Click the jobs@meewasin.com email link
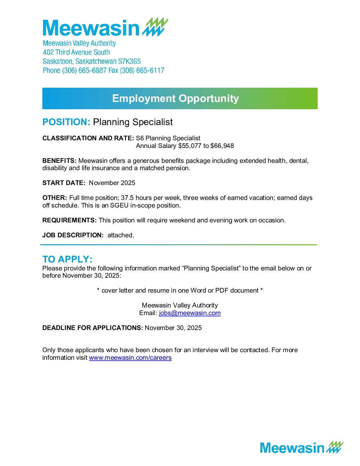pos(190,313)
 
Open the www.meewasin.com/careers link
pos(130,358)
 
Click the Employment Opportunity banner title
pos(175,98)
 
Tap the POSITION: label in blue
pos(66,122)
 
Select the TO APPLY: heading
pos(67,259)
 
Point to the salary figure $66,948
pos(222,146)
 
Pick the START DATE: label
pos(64,183)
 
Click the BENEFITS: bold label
pos(59,161)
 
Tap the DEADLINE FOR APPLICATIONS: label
pos(93,328)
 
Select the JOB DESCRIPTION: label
pos(73,235)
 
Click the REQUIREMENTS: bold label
pos(69,220)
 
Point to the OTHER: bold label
pos(55,198)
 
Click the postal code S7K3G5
pos(129,62)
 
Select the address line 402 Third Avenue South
pos(76,52)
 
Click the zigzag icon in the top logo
pos(155,27)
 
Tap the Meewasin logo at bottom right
pos(301,447)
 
